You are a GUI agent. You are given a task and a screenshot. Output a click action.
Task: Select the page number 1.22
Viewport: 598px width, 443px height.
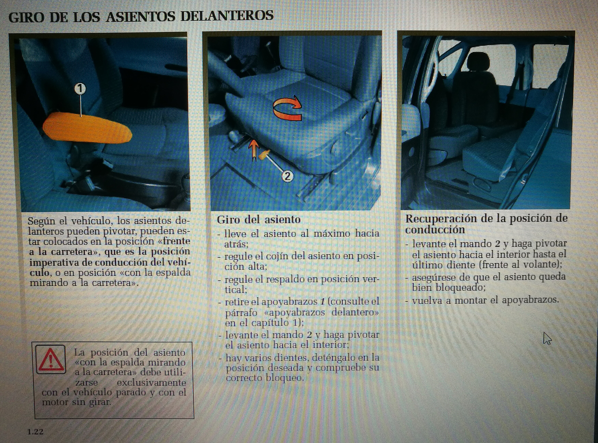pos(35,432)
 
